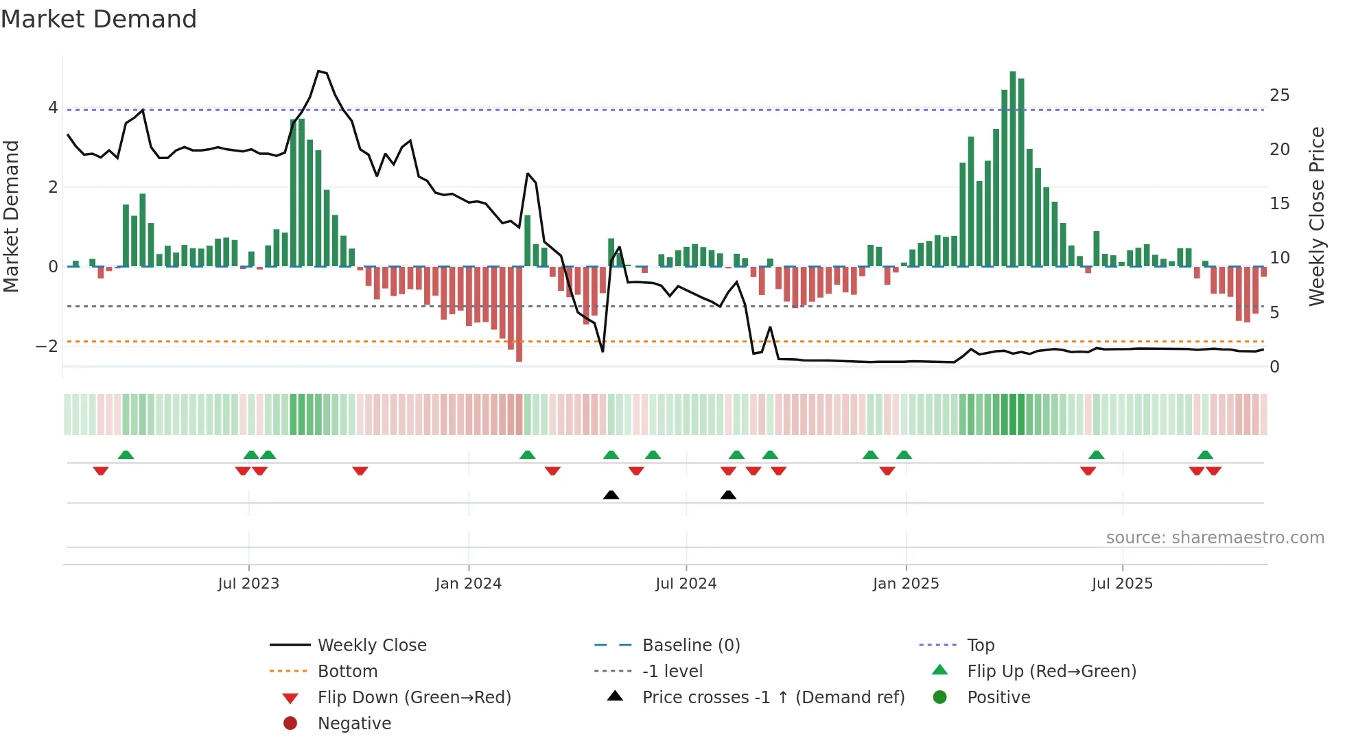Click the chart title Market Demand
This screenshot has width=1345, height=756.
99,19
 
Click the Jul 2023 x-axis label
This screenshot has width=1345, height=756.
248,584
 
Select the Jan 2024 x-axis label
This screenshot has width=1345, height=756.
469,584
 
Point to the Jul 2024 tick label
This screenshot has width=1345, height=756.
686,584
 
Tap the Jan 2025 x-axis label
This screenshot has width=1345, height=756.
906,584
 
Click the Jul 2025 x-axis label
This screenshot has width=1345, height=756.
1122,584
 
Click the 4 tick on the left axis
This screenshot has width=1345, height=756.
53,108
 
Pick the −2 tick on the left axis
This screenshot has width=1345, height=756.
47,346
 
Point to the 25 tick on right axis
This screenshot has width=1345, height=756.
1279,95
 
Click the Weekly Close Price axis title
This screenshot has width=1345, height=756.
1316,216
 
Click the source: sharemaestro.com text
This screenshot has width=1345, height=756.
1215,538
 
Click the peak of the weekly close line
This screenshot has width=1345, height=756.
318,71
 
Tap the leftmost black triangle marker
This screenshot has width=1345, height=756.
611,495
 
